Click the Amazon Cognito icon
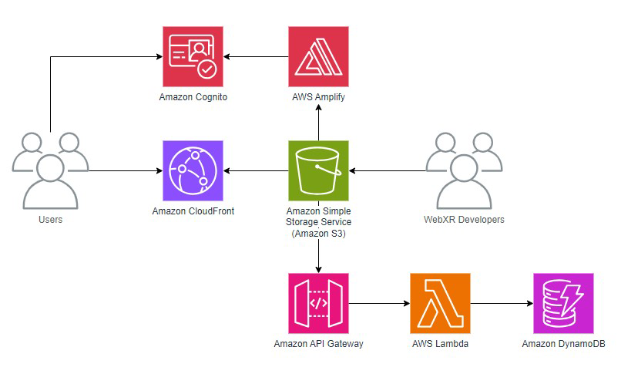click(x=193, y=57)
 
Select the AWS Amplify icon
click(x=318, y=57)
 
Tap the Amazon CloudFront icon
click(x=193, y=170)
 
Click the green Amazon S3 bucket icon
click(x=318, y=170)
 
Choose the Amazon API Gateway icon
click(x=318, y=303)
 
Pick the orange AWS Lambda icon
click(x=440, y=303)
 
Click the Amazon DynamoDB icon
click(x=563, y=303)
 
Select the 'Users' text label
click(x=51, y=220)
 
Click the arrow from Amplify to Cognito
click(x=256, y=57)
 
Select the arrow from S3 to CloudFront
click(x=256, y=170)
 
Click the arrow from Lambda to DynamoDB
click(x=502, y=303)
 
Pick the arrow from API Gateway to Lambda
click(x=379, y=303)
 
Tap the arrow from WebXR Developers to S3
click(x=388, y=170)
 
